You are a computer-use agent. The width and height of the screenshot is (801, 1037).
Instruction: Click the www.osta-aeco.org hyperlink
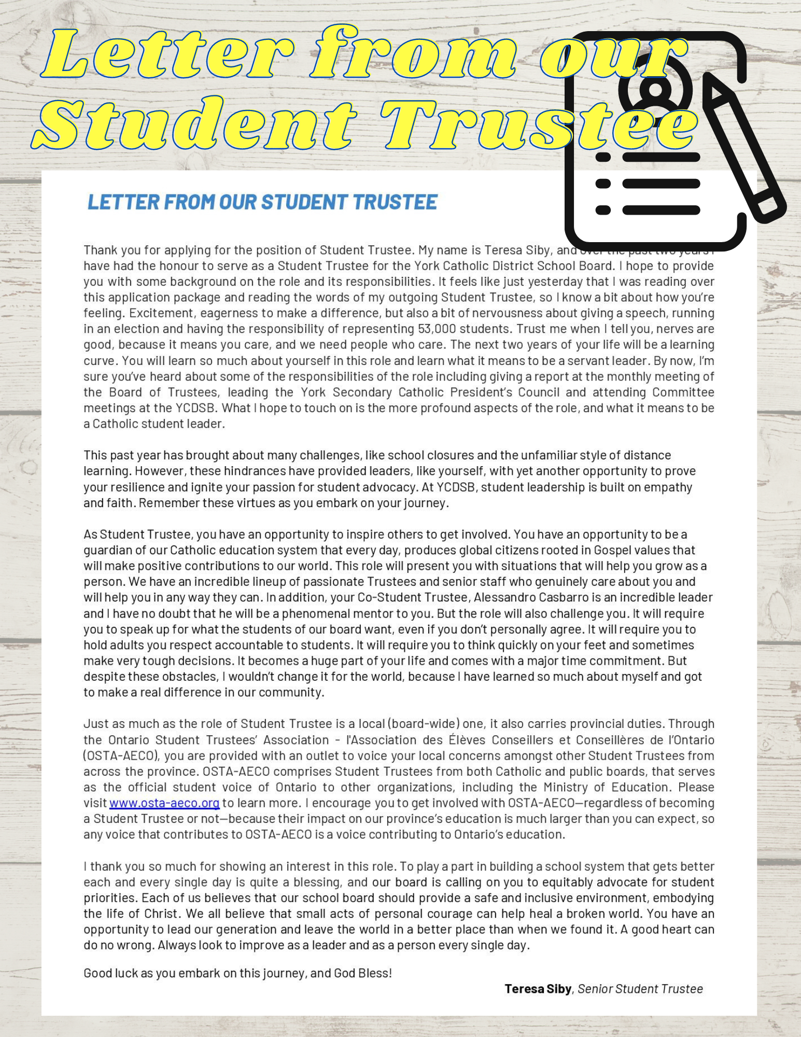[164, 803]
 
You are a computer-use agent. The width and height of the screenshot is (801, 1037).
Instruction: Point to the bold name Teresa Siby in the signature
[538, 989]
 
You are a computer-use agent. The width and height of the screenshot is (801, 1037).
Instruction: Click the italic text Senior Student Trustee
[640, 989]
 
